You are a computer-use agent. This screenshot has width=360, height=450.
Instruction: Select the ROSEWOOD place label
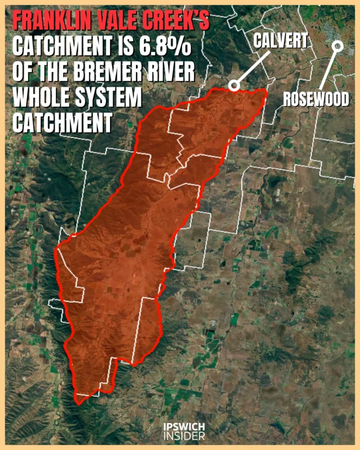[x=316, y=99]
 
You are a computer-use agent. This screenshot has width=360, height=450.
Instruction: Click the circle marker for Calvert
[x=234, y=85]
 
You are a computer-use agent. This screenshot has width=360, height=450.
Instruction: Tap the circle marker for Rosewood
[x=338, y=45]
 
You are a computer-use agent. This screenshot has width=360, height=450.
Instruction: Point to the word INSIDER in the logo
[x=184, y=436]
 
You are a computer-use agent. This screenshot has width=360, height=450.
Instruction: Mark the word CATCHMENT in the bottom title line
[x=62, y=123]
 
